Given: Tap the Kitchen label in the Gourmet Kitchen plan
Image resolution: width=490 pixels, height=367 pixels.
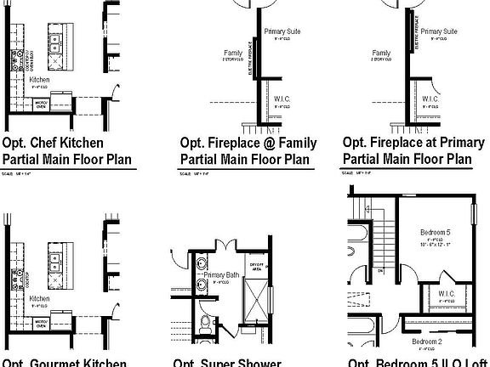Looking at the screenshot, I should click(40, 299).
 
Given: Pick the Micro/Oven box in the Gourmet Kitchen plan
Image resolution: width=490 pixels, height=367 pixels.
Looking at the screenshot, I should click(39, 322).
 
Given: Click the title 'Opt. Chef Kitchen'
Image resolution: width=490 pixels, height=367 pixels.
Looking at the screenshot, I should click(53, 143).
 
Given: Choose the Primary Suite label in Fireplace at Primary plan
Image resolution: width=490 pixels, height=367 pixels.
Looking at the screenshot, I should click(438, 31).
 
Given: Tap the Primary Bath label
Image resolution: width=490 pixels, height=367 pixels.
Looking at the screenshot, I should click(219, 275).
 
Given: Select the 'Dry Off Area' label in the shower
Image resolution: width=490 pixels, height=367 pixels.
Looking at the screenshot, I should click(255, 266).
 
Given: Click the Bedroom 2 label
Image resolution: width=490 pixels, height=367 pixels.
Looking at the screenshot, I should click(428, 342).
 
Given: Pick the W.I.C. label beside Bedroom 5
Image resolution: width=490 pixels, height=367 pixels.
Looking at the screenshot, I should click(444, 294).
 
